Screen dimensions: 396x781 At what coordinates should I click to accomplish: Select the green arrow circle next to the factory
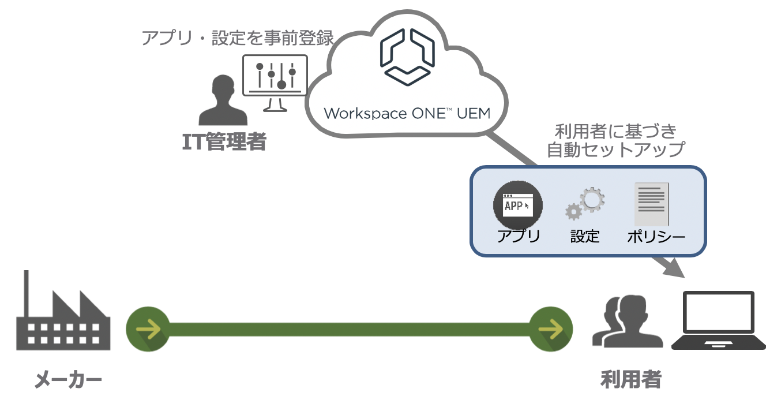click(148, 330)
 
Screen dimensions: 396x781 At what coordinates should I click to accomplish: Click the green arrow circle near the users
click(550, 330)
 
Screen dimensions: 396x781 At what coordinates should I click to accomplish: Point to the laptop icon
click(718, 321)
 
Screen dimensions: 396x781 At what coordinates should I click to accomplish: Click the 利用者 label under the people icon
click(630, 379)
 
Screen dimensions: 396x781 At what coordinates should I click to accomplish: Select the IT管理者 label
click(224, 141)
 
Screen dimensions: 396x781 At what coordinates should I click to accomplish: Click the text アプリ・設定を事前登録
click(238, 39)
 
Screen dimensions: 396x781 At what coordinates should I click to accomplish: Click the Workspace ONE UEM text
click(407, 113)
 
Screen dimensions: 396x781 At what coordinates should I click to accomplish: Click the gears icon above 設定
click(585, 204)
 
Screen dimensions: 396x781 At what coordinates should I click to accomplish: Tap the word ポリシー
click(656, 237)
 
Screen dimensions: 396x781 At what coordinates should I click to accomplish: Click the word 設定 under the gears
click(585, 236)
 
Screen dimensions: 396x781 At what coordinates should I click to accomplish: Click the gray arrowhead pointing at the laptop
click(671, 268)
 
